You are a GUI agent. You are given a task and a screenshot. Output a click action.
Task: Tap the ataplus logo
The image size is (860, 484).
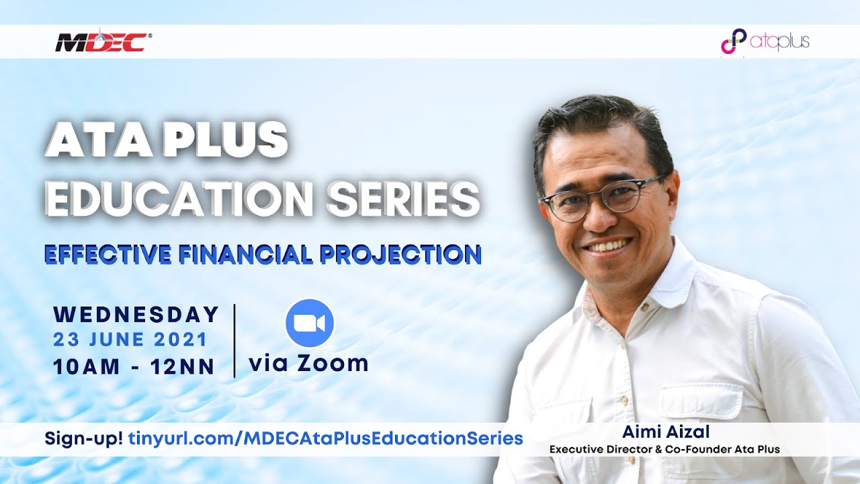tap(765, 42)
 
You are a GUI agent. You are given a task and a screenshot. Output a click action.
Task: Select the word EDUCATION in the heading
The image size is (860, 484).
tap(179, 197)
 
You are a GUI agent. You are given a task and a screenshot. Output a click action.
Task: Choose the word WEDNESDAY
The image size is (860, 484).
tap(136, 314)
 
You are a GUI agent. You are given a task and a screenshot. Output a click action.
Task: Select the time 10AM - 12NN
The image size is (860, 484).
tap(134, 367)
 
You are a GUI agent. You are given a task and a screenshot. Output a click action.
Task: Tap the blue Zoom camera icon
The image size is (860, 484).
tap(310, 323)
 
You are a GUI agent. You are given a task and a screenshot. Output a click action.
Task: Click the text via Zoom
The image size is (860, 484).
tap(308, 364)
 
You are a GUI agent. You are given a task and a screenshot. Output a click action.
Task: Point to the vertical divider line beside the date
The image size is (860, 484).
tap(234, 340)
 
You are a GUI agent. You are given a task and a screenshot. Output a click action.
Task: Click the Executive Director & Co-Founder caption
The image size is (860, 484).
tap(664, 449)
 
